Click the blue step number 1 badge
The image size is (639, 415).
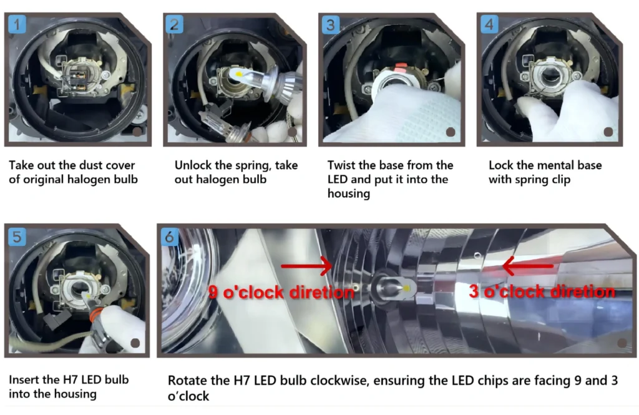click(17, 24)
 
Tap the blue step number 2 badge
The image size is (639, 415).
click(175, 24)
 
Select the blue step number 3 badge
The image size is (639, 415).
click(331, 24)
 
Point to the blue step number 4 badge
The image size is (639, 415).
click(489, 24)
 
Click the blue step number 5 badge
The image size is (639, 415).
click(17, 237)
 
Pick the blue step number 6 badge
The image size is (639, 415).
click(169, 237)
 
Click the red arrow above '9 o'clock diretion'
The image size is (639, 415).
click(306, 266)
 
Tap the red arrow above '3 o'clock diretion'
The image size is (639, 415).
click(528, 266)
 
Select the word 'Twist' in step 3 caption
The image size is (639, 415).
click(341, 165)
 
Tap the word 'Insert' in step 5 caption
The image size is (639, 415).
click(24, 379)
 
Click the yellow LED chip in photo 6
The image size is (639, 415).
click(407, 288)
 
